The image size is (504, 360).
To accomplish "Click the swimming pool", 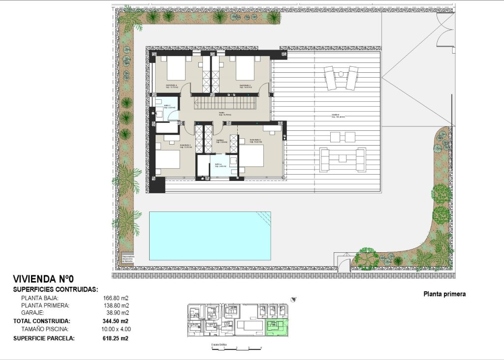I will (x=210, y=236).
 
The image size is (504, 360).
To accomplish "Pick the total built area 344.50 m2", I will (x=117, y=321).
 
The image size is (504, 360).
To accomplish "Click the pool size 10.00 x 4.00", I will (x=116, y=329).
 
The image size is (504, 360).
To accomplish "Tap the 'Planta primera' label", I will (x=444, y=295).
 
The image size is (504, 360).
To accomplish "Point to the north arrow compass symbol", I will (x=294, y=299).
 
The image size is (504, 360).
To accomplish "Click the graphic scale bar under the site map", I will (x=236, y=348).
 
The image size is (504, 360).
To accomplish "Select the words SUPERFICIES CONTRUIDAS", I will (x=55, y=289).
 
